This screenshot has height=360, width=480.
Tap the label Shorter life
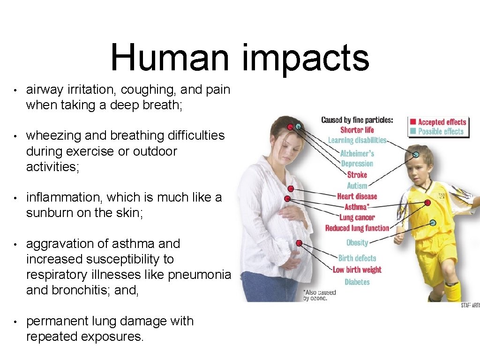pyautogui.click(x=357, y=130)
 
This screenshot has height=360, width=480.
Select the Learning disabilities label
pyautogui.click(x=357, y=140)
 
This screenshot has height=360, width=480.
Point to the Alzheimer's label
pyautogui.click(x=357, y=153)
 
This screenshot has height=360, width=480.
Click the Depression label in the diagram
pyautogui.click(x=357, y=164)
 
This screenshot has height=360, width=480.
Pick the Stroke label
pyautogui.click(x=357, y=175)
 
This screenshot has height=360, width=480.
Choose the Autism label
pyautogui.click(x=357, y=186)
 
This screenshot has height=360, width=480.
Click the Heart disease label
pyautogui.click(x=357, y=196)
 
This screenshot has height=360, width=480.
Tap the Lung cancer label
pyautogui.click(x=357, y=217)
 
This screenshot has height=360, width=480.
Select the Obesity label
pyautogui.click(x=357, y=243)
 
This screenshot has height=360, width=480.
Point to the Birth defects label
pyautogui.click(x=357, y=258)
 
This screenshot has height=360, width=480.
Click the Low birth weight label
pyautogui.click(x=357, y=270)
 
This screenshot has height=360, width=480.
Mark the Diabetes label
pyautogui.click(x=357, y=282)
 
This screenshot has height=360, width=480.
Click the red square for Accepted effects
pyautogui.click(x=413, y=122)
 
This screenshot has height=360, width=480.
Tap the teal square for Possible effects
pyautogui.click(x=413, y=131)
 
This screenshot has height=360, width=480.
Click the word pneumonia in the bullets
pyautogui.click(x=202, y=275)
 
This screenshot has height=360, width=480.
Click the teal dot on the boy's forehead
pyautogui.click(x=416, y=154)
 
